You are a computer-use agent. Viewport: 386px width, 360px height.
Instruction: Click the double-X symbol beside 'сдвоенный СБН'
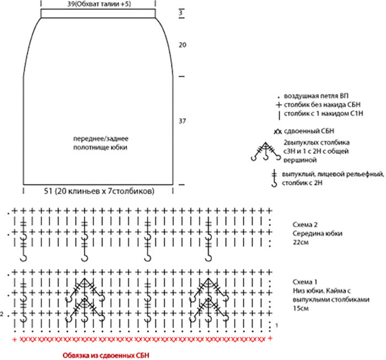[x=277, y=132]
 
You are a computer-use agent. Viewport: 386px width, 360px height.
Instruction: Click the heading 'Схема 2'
[x=304, y=224]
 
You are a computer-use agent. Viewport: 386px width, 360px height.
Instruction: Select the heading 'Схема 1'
[x=304, y=281]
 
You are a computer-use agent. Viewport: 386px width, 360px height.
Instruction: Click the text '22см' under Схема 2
[x=300, y=242]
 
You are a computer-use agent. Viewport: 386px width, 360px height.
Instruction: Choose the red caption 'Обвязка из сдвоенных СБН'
[x=105, y=353]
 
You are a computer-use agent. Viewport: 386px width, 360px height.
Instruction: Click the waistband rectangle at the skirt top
[x=97, y=14]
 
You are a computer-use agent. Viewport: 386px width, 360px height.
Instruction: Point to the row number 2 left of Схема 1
[x=3, y=314]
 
